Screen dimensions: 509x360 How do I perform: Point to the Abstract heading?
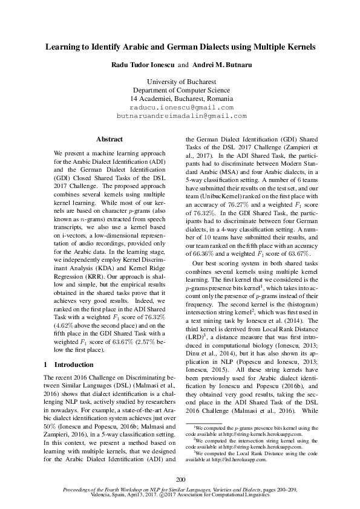(109, 139)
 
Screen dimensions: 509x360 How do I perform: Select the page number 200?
(180, 479)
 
